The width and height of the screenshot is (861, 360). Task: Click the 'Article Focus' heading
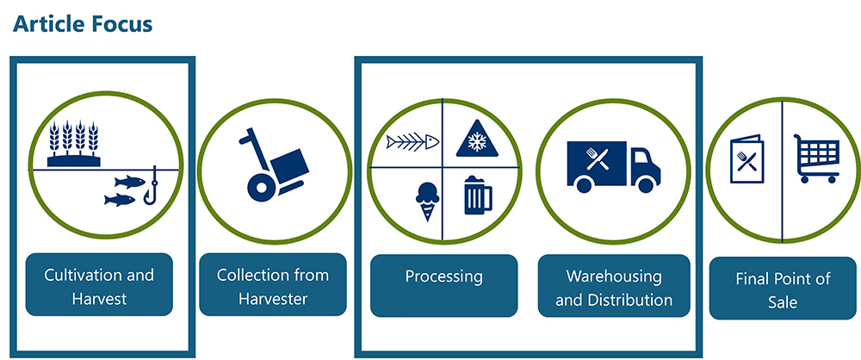click(x=83, y=24)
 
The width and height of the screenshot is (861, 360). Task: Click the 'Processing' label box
click(x=443, y=277)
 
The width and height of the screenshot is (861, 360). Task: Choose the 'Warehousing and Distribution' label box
click(x=614, y=288)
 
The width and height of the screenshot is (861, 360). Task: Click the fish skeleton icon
click(x=412, y=140)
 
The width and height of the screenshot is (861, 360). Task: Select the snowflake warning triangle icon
click(x=475, y=140)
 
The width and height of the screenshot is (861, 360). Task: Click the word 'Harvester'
click(x=273, y=298)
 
